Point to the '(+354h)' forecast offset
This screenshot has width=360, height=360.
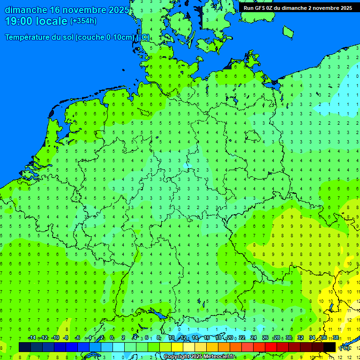click(83, 21)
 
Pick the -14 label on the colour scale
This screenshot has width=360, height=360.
click(31, 338)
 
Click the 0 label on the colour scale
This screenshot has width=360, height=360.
click(112, 338)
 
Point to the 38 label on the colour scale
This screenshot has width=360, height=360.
click(335, 338)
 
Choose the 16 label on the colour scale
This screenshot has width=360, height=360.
click(206, 338)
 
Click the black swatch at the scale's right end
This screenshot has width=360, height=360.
click(330, 347)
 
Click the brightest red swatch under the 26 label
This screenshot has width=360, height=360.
click(271, 347)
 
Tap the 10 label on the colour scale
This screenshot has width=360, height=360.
click(172, 338)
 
